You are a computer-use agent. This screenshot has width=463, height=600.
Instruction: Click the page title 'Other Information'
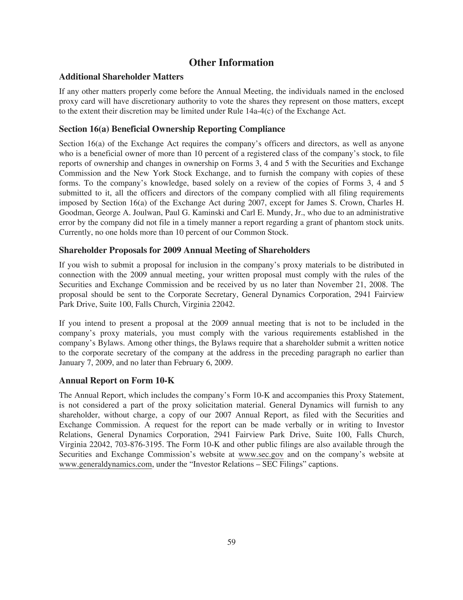coord(231,63)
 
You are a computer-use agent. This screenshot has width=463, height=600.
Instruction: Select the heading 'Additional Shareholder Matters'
coord(121,77)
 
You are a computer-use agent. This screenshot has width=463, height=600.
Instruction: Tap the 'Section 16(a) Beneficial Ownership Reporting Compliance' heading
coord(172,129)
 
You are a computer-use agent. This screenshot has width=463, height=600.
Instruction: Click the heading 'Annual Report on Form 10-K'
coord(117,381)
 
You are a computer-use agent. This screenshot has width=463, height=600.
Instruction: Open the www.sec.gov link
coord(261,454)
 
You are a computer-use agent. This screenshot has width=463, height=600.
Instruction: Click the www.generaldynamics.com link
coord(105,464)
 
